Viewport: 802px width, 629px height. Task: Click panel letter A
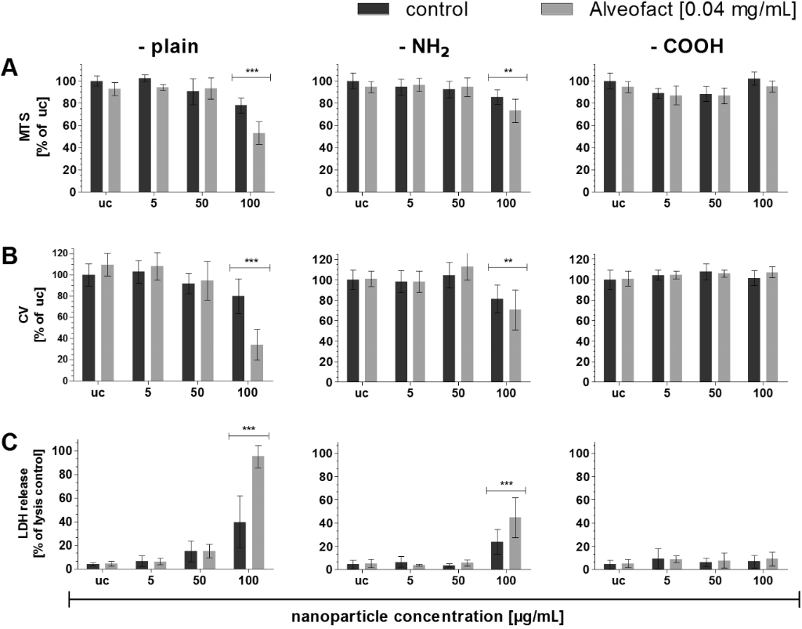(x=10, y=67)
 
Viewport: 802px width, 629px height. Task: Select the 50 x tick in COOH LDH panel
(x=714, y=581)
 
